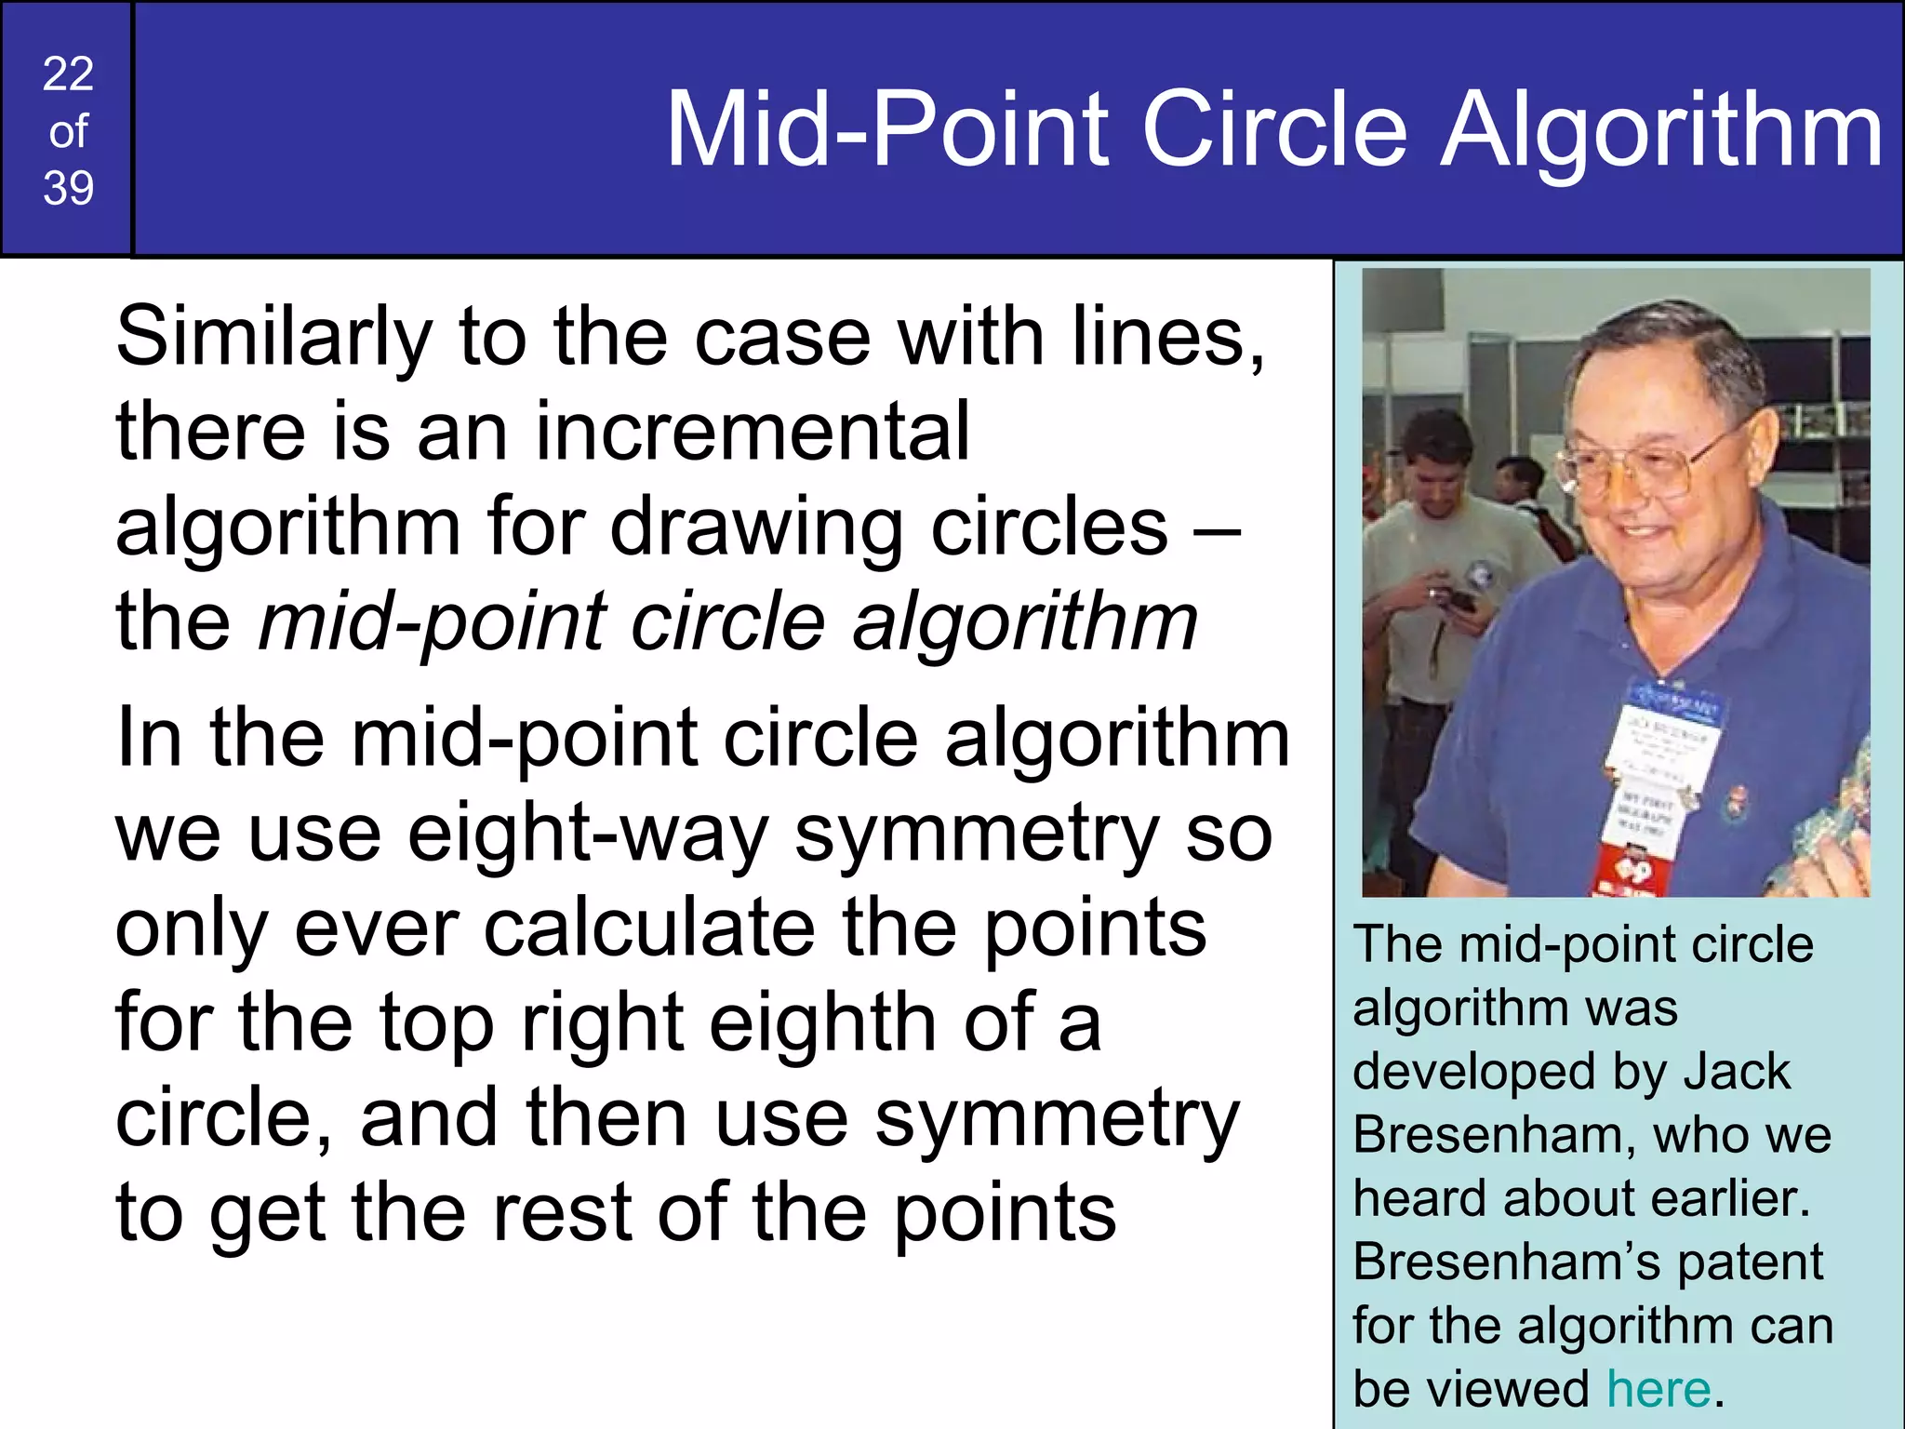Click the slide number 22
coord(68,73)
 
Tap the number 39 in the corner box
coord(68,189)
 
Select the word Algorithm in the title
coord(1661,132)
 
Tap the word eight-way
coord(587,835)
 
